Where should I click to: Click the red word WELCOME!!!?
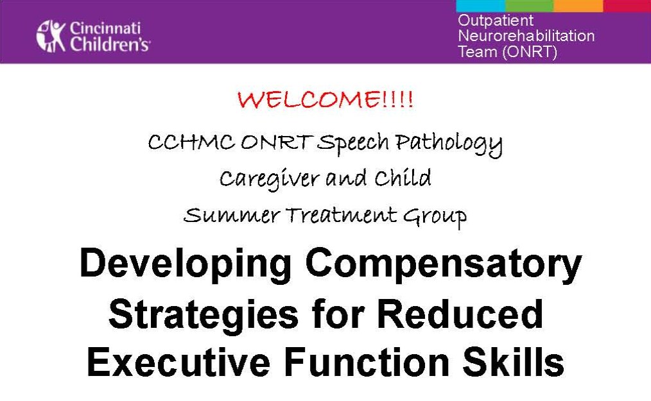click(325, 101)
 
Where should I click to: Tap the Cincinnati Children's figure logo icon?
click(51, 36)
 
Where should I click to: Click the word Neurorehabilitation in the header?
click(526, 36)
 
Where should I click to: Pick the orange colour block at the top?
click(578, 6)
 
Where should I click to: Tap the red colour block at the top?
click(627, 6)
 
